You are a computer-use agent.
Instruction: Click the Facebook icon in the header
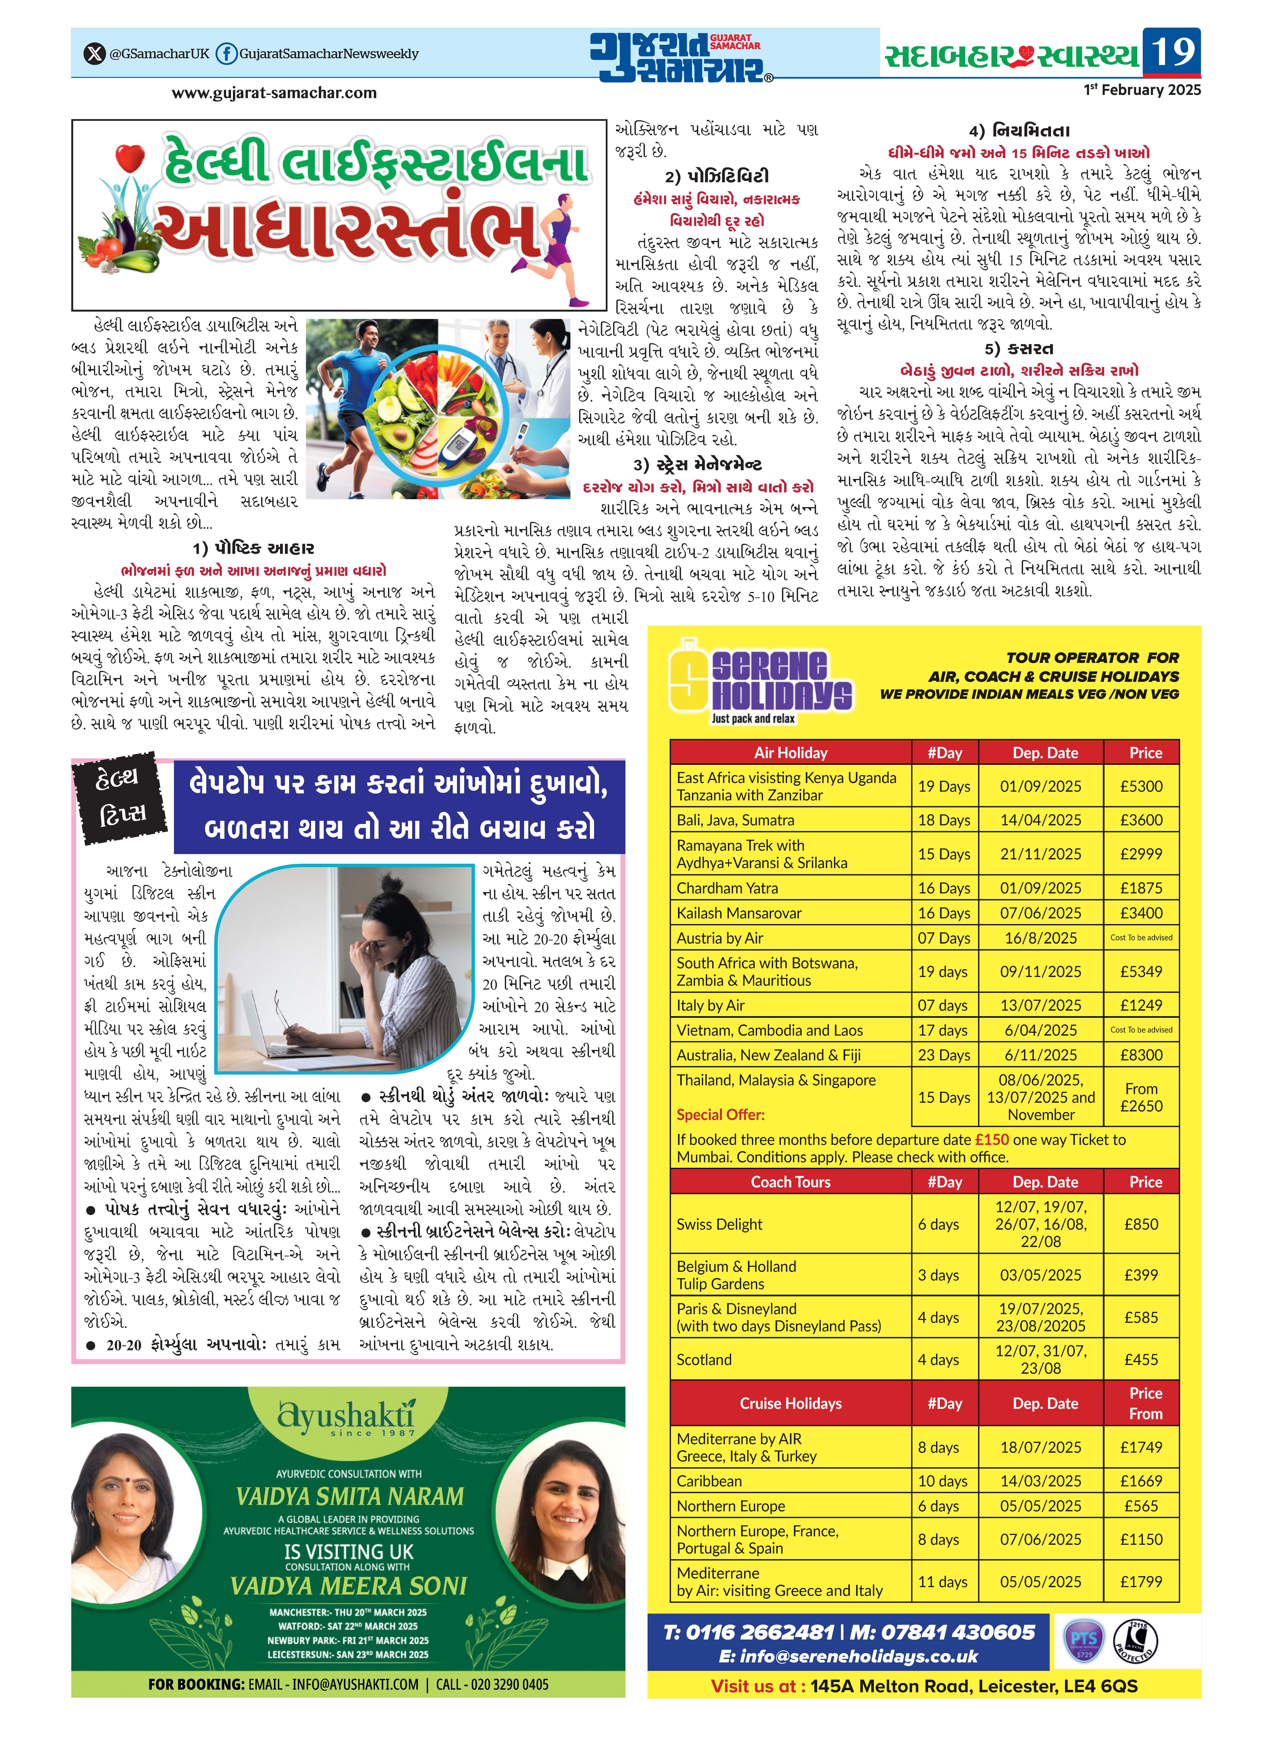pos(226,54)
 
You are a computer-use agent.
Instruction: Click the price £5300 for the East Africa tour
pos(1141,787)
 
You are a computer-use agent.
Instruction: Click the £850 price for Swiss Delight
pos(1141,1224)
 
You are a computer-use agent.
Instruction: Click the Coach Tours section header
pos(791,1182)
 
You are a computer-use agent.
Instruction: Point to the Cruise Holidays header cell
pos(791,1404)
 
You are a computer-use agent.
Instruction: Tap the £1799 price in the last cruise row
pos(1141,1582)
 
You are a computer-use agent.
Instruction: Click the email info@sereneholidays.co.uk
pos(848,1657)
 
